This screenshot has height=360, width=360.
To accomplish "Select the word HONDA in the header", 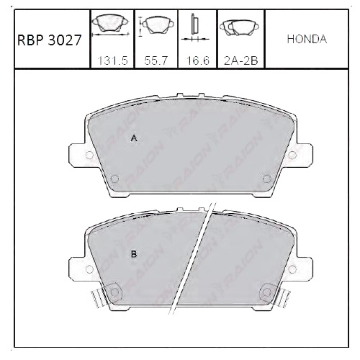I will (x=307, y=40).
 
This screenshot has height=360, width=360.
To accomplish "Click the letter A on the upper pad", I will (x=133, y=138).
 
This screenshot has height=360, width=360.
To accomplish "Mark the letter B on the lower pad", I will (x=133, y=253).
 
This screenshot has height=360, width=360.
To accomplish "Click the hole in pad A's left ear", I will (x=89, y=156).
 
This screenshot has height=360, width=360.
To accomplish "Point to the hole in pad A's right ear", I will (x=290, y=156).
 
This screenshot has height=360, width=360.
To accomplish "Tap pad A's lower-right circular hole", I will (x=267, y=179).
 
